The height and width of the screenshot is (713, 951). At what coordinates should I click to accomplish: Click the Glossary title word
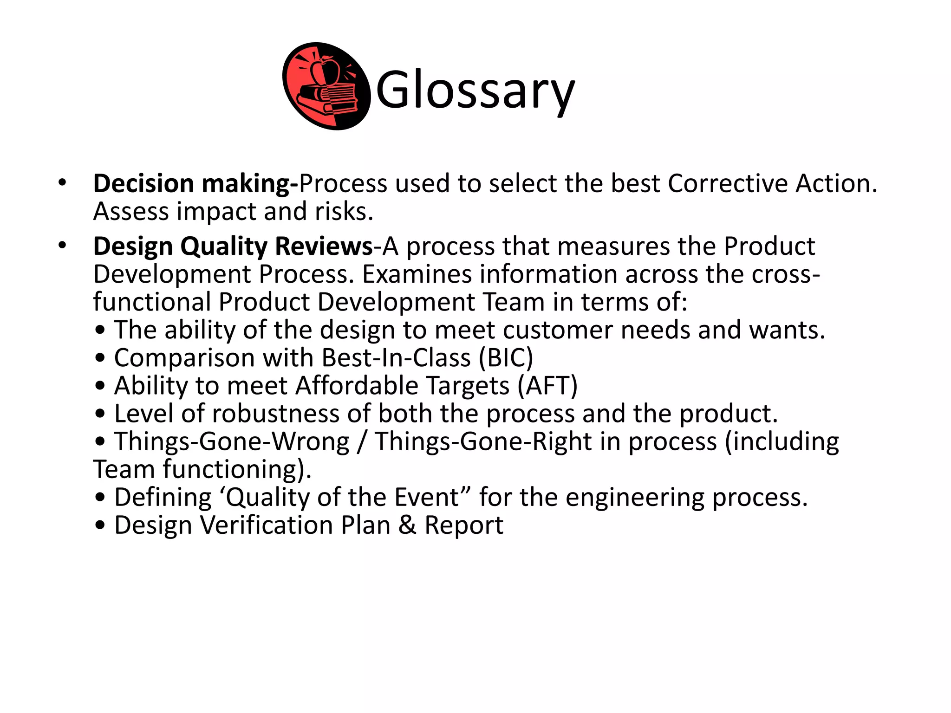[475, 90]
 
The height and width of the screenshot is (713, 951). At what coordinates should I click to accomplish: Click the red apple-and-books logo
[326, 86]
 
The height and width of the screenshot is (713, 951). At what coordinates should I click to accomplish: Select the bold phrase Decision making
[195, 183]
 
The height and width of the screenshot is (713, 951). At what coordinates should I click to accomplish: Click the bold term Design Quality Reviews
[233, 246]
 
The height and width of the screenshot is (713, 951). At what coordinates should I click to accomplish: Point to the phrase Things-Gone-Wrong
[232, 441]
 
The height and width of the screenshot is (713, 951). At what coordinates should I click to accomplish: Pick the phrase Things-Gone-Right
[483, 441]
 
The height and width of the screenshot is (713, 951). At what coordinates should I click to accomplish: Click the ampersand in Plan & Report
[407, 525]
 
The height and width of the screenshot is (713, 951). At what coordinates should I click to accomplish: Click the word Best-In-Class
[396, 358]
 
